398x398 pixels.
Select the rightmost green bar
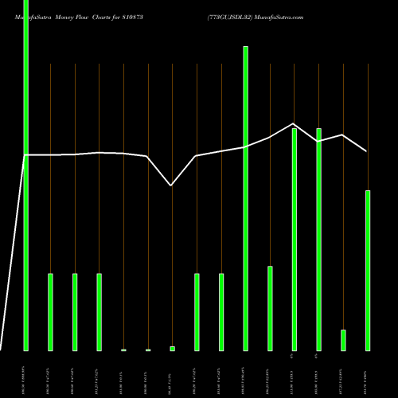point(368,271)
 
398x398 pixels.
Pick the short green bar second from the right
point(343,340)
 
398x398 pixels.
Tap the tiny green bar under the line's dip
point(172,348)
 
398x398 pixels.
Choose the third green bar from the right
point(318,239)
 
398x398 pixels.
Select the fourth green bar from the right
point(294,239)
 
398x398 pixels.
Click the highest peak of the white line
point(294,123)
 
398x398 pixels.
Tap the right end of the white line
point(367,150)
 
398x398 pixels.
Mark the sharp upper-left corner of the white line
point(26,155)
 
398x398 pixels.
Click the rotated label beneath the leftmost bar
point(25,374)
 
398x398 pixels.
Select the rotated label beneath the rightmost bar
point(368,374)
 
